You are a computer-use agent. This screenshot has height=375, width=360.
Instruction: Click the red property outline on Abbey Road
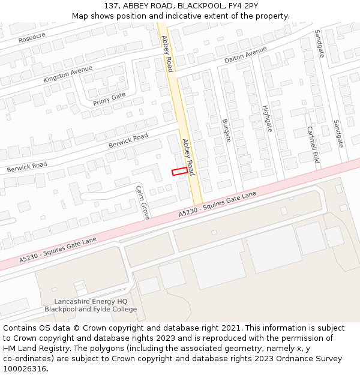click(x=178, y=172)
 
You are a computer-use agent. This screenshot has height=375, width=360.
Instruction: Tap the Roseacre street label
click(x=32, y=37)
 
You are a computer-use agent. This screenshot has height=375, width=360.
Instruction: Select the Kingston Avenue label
click(x=68, y=75)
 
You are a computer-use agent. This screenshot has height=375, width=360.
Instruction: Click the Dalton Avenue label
click(x=245, y=56)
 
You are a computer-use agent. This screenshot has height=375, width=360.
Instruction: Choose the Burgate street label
click(x=226, y=130)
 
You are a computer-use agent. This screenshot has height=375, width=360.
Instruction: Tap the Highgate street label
click(x=267, y=118)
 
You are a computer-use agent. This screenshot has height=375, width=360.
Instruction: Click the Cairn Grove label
click(x=142, y=202)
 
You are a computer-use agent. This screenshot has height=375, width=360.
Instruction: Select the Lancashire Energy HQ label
click(x=91, y=301)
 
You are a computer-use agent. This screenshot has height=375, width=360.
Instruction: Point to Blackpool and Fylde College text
click(x=91, y=310)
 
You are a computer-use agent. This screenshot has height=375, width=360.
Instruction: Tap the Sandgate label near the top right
click(x=319, y=43)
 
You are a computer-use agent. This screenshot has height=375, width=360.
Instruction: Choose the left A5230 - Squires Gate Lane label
click(x=58, y=250)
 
